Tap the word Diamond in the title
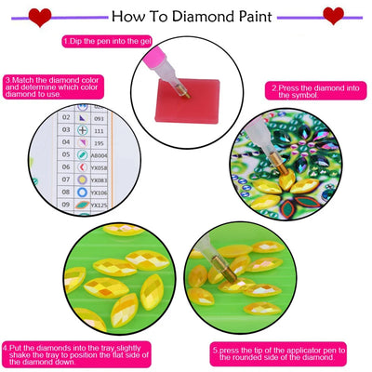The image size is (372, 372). tap(219, 16)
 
